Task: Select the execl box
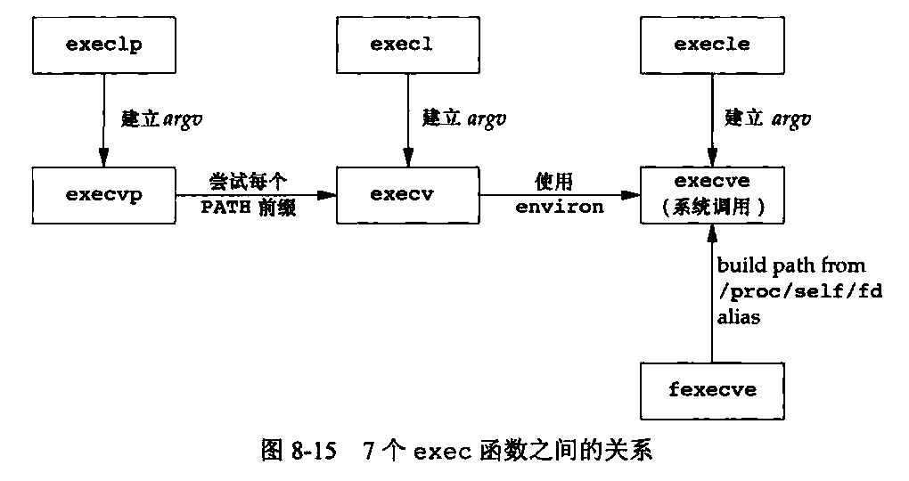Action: point(407,45)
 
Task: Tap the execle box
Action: point(711,45)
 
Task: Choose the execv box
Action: point(407,195)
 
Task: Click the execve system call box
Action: point(711,195)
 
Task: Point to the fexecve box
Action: point(711,390)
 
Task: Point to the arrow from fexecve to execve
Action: point(711,294)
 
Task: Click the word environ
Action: point(559,208)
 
